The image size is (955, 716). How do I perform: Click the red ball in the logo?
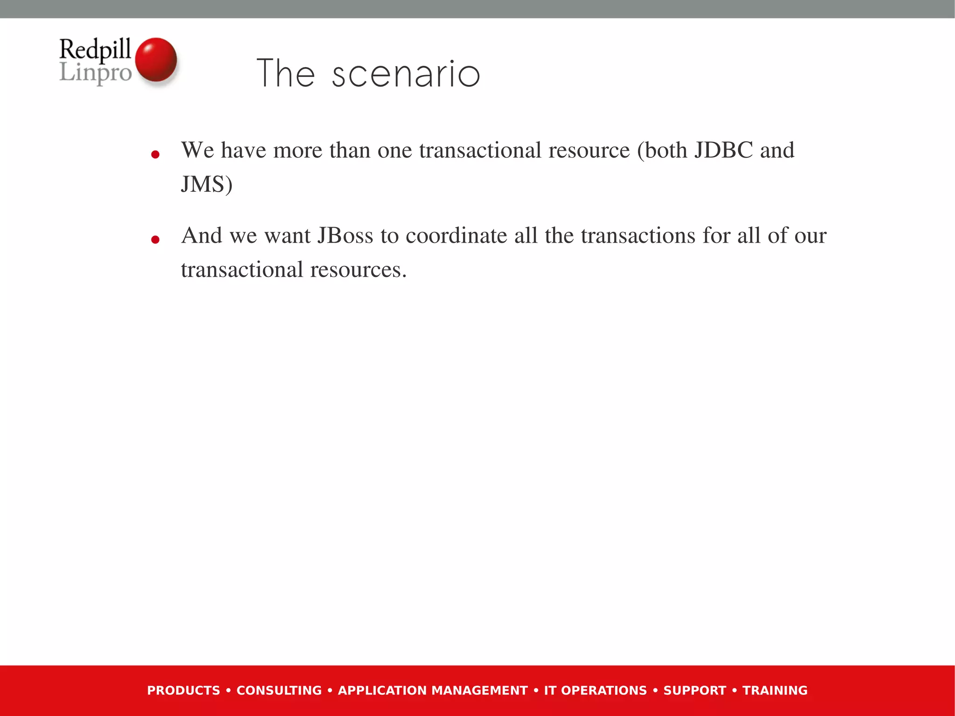click(x=156, y=60)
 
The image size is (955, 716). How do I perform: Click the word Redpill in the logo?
click(x=95, y=49)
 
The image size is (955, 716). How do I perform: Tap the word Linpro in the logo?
click(x=96, y=73)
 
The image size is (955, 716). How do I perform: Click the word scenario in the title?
click(x=406, y=75)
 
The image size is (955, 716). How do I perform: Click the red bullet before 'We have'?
click(x=156, y=154)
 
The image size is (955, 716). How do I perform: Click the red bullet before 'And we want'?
click(x=156, y=240)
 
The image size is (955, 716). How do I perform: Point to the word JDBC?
click(x=723, y=150)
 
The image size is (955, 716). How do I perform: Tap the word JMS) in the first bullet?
click(x=207, y=184)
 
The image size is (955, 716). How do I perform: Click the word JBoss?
click(x=345, y=236)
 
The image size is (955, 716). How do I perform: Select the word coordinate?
click(x=456, y=236)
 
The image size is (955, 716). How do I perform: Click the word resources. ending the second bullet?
click(x=358, y=270)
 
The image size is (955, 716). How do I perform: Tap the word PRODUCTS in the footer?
click(x=183, y=690)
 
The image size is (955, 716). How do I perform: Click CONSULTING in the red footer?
click(x=279, y=690)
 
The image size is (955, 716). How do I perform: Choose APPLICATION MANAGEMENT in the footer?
click(x=433, y=690)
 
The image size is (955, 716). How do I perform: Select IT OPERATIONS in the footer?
click(x=595, y=690)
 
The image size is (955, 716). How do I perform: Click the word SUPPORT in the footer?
click(x=695, y=690)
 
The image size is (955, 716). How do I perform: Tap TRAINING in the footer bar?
click(x=775, y=690)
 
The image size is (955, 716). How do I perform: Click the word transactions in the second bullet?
click(x=638, y=236)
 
